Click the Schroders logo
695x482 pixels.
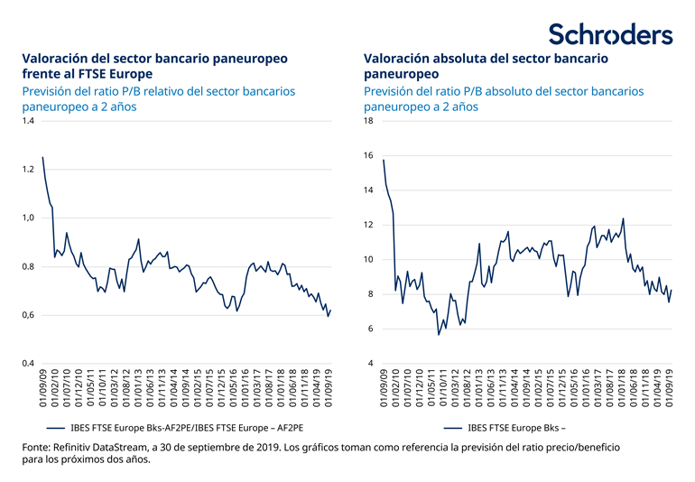tap(611, 33)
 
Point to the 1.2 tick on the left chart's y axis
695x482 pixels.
tap(28, 170)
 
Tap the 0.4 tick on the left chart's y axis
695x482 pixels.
tap(28, 364)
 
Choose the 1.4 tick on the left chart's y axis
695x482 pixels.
tap(28, 121)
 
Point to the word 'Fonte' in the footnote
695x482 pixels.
tap(37, 447)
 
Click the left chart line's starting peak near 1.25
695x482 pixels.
tap(42, 158)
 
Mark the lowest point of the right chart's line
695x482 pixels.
tap(439, 335)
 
